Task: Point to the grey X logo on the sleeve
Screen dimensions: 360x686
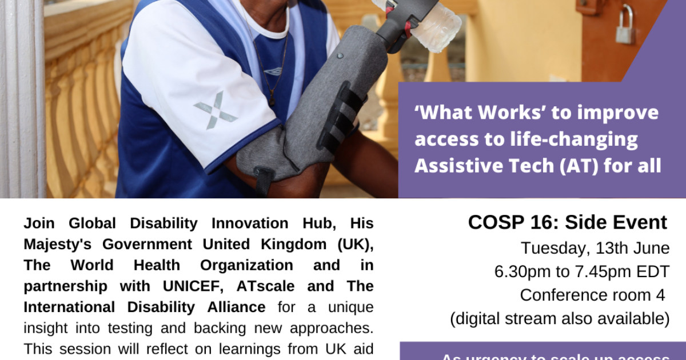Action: (x=215, y=110)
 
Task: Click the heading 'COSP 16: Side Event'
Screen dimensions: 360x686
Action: (x=567, y=222)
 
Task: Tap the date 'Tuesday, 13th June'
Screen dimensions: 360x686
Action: (x=595, y=249)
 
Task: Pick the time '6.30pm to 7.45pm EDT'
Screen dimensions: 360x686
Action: (x=582, y=272)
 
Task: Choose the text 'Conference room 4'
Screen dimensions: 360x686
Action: (x=593, y=295)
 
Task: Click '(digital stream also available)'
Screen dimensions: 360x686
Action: (x=560, y=318)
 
